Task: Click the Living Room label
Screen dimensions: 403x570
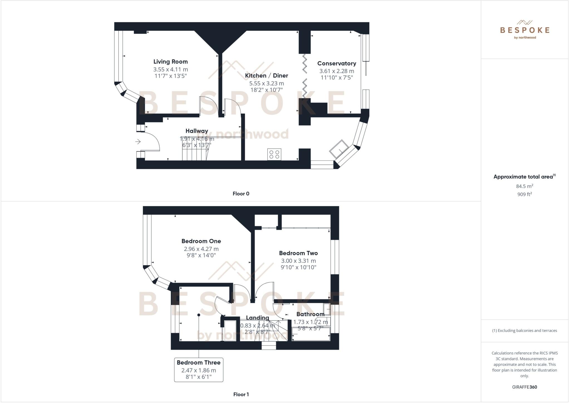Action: pos(170,62)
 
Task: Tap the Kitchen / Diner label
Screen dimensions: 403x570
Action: pos(266,75)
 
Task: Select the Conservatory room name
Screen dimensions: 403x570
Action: pos(336,63)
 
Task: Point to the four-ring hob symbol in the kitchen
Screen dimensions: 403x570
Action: pos(274,154)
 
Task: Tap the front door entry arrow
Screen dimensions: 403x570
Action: pos(138,142)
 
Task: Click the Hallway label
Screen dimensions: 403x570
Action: pos(197,131)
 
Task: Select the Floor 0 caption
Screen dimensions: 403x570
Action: pos(241,194)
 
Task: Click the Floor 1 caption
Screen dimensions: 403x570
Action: pos(241,394)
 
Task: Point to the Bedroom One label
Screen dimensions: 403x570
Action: pos(201,241)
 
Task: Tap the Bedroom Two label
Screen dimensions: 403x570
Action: pos(298,253)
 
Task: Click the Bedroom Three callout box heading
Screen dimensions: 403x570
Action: pos(198,363)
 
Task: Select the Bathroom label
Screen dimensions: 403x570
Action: pos(310,314)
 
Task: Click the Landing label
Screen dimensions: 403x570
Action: pos(257,318)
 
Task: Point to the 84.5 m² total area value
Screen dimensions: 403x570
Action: pos(524,186)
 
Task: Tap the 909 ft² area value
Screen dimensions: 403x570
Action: pos(524,194)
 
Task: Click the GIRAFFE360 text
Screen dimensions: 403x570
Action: pos(524,387)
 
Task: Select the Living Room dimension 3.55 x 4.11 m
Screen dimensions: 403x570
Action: pos(170,69)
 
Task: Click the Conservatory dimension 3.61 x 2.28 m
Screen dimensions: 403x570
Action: pos(336,71)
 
